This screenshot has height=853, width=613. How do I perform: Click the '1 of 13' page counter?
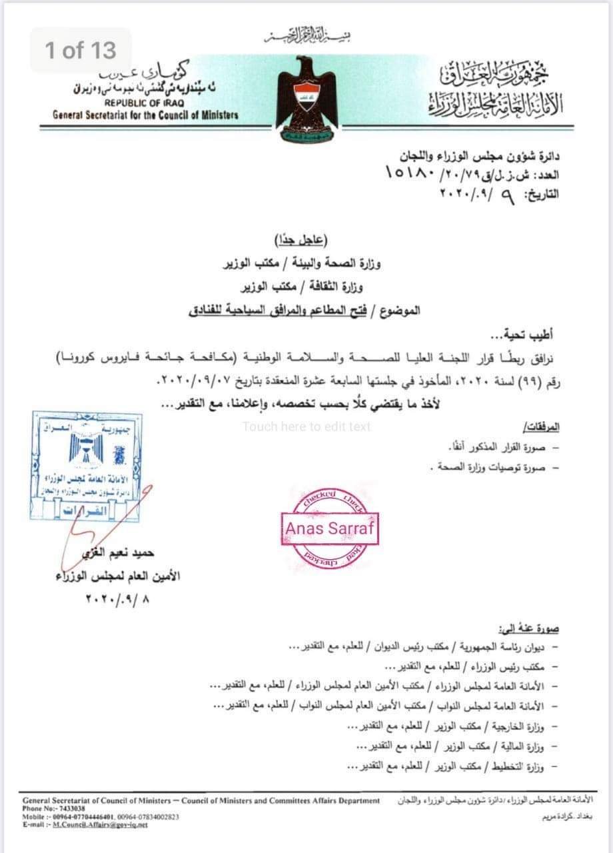click(81, 50)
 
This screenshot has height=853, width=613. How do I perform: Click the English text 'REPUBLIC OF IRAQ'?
click(145, 103)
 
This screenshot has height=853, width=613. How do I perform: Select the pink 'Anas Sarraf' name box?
click(330, 528)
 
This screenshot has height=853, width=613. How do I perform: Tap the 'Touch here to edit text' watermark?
click(306, 426)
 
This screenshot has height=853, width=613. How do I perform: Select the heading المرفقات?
click(539, 426)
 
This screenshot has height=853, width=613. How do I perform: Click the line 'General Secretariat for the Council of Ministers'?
click(145, 115)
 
